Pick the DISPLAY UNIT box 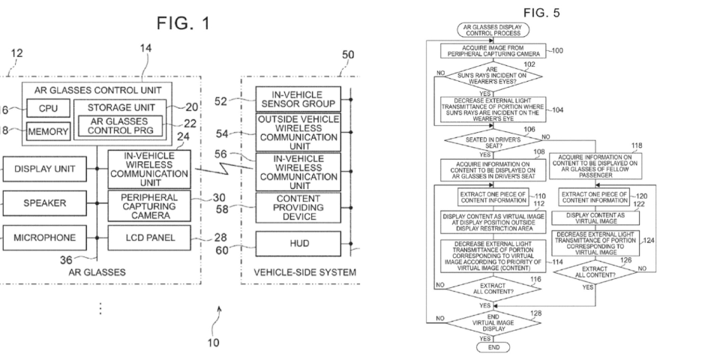tap(44, 169)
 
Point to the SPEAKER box tap(44, 202)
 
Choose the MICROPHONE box tap(44, 237)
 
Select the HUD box tap(298, 243)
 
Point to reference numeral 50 tap(347, 55)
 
